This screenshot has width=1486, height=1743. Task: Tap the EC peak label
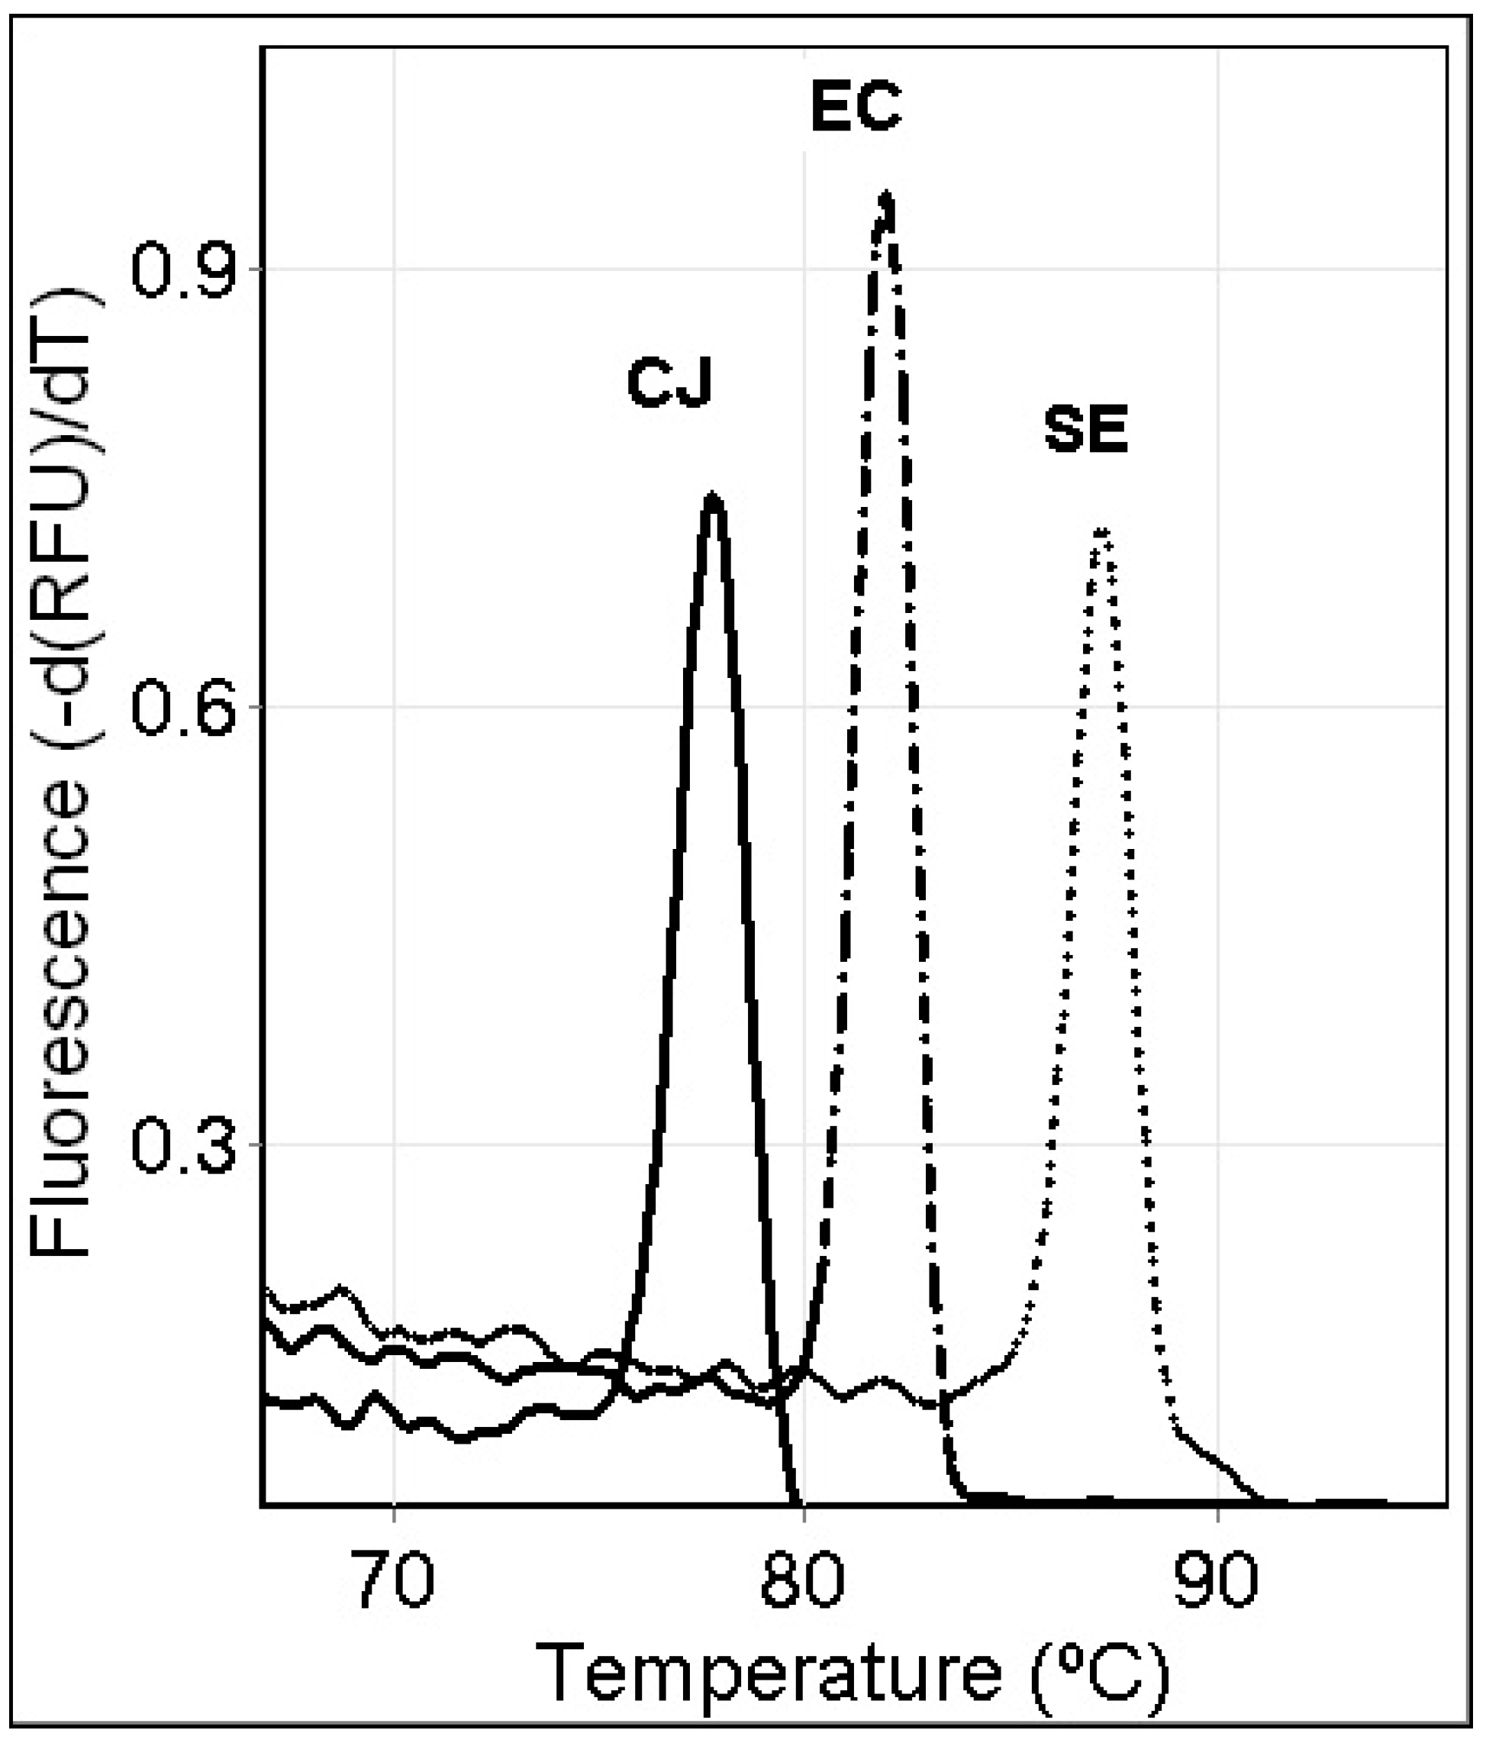856,108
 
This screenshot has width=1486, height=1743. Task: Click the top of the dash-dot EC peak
885,197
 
